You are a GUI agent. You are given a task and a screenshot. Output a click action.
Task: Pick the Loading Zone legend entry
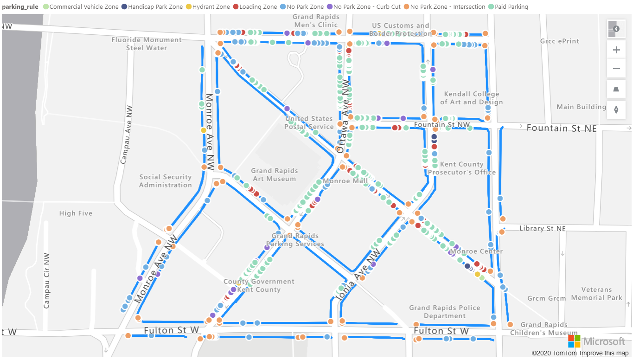pyautogui.click(x=258, y=7)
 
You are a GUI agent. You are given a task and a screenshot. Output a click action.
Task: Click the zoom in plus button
pyautogui.click(x=616, y=50)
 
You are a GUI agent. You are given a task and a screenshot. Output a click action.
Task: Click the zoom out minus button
pyautogui.click(x=616, y=69)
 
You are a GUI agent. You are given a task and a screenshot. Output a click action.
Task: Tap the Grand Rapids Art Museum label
pyautogui.click(x=274, y=175)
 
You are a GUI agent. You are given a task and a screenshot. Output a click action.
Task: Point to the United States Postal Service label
pyautogui.click(x=309, y=123)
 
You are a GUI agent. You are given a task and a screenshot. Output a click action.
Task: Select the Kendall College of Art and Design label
pyautogui.click(x=471, y=98)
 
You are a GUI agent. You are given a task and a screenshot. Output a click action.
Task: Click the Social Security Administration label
pyautogui.click(x=166, y=181)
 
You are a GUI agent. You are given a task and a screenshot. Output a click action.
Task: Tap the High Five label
pyautogui.click(x=76, y=213)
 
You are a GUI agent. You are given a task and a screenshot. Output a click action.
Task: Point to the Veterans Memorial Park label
pyautogui.click(x=596, y=294)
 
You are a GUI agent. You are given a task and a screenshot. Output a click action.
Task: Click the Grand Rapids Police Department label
pyautogui.click(x=444, y=312)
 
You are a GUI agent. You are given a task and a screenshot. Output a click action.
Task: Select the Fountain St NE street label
pyautogui.click(x=562, y=129)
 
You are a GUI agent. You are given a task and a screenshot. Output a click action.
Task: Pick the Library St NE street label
pyautogui.click(x=542, y=229)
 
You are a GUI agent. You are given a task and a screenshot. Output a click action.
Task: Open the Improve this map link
pyautogui.click(x=604, y=354)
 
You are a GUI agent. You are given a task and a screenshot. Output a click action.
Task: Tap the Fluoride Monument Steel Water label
pyautogui.click(x=147, y=44)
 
